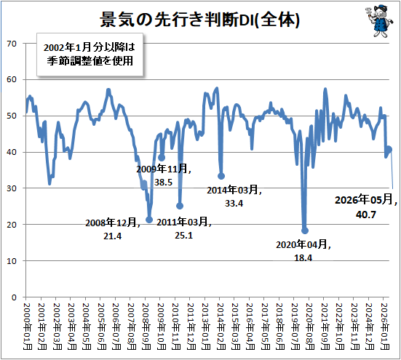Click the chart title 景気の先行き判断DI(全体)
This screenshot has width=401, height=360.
tap(199, 20)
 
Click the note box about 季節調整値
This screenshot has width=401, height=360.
tap(90, 55)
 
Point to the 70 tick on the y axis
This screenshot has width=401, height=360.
tap(12, 44)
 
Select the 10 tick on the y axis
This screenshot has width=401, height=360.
tap(12, 261)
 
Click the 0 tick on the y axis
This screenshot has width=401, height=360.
tap(14, 297)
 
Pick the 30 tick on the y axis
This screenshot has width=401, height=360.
tap(12, 188)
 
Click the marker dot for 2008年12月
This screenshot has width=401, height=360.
tap(149, 220)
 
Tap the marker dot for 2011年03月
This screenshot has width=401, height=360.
tap(180, 206)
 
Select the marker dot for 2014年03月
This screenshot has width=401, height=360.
tap(221, 176)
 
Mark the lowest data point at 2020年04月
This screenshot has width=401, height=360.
tap(305, 231)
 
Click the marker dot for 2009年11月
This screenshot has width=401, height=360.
tap(162, 158)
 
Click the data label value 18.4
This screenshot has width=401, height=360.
tap(303, 258)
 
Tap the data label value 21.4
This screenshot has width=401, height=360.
tap(113, 236)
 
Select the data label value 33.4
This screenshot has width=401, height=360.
tap(234, 204)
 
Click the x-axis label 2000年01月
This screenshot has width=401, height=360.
tap(28, 327)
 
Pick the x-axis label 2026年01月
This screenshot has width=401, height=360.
tap(385, 327)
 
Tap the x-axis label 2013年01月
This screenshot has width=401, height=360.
tap(206, 327)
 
